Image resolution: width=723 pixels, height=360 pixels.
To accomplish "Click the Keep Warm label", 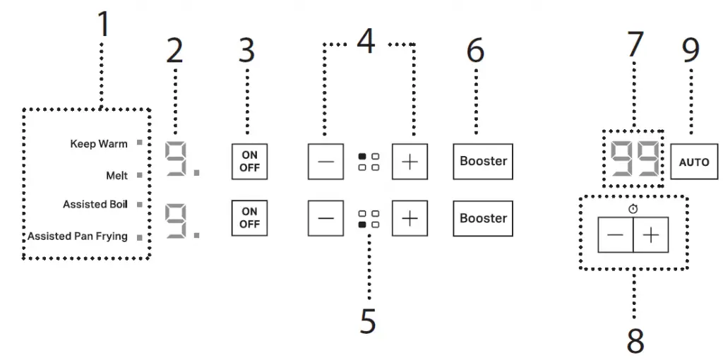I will (99, 144).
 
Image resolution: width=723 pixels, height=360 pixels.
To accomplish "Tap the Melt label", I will (116, 175).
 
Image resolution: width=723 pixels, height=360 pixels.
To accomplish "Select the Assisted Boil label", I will (95, 205).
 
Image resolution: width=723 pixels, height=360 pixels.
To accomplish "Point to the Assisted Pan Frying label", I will (78, 236).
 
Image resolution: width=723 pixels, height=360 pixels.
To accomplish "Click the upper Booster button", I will (483, 161).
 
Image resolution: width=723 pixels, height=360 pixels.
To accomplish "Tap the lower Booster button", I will (483, 218).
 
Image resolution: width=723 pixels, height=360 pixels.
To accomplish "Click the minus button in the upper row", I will (325, 161).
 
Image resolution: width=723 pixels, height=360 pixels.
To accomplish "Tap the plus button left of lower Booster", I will (410, 218).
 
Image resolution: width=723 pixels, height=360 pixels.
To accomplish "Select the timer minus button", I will (615, 236).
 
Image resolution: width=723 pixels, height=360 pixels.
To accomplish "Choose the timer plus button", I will (650, 236).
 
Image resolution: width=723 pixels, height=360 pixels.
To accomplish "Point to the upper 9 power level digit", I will (175, 160).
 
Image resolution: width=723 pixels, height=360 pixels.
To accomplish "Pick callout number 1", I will (103, 25).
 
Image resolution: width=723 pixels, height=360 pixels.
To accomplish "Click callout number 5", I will (367, 321).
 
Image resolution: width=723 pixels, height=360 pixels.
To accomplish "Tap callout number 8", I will (635, 341).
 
